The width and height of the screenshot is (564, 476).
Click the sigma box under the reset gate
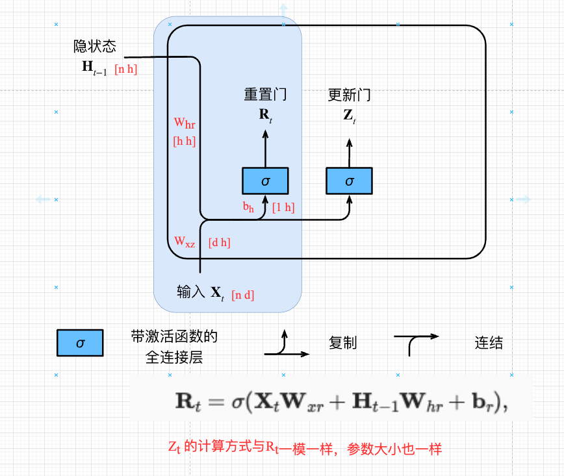[265, 181]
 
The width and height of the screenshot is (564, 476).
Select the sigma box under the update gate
[350, 181]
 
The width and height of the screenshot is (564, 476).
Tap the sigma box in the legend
[80, 344]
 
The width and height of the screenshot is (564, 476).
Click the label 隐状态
[95, 47]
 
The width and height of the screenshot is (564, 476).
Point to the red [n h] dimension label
[125, 69]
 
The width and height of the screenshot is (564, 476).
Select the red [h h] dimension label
[185, 140]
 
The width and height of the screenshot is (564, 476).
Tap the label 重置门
[265, 95]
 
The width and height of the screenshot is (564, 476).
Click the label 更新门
[350, 95]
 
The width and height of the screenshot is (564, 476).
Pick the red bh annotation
[248, 208]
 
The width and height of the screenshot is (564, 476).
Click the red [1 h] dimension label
[283, 208]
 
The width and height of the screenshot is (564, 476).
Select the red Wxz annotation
[185, 242]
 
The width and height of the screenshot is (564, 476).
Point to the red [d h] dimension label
[219, 243]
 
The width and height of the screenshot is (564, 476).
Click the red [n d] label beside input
[242, 295]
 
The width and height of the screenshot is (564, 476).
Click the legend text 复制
[343, 344]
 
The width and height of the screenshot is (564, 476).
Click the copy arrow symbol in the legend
[286, 345]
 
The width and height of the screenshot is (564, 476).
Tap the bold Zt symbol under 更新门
[350, 117]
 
